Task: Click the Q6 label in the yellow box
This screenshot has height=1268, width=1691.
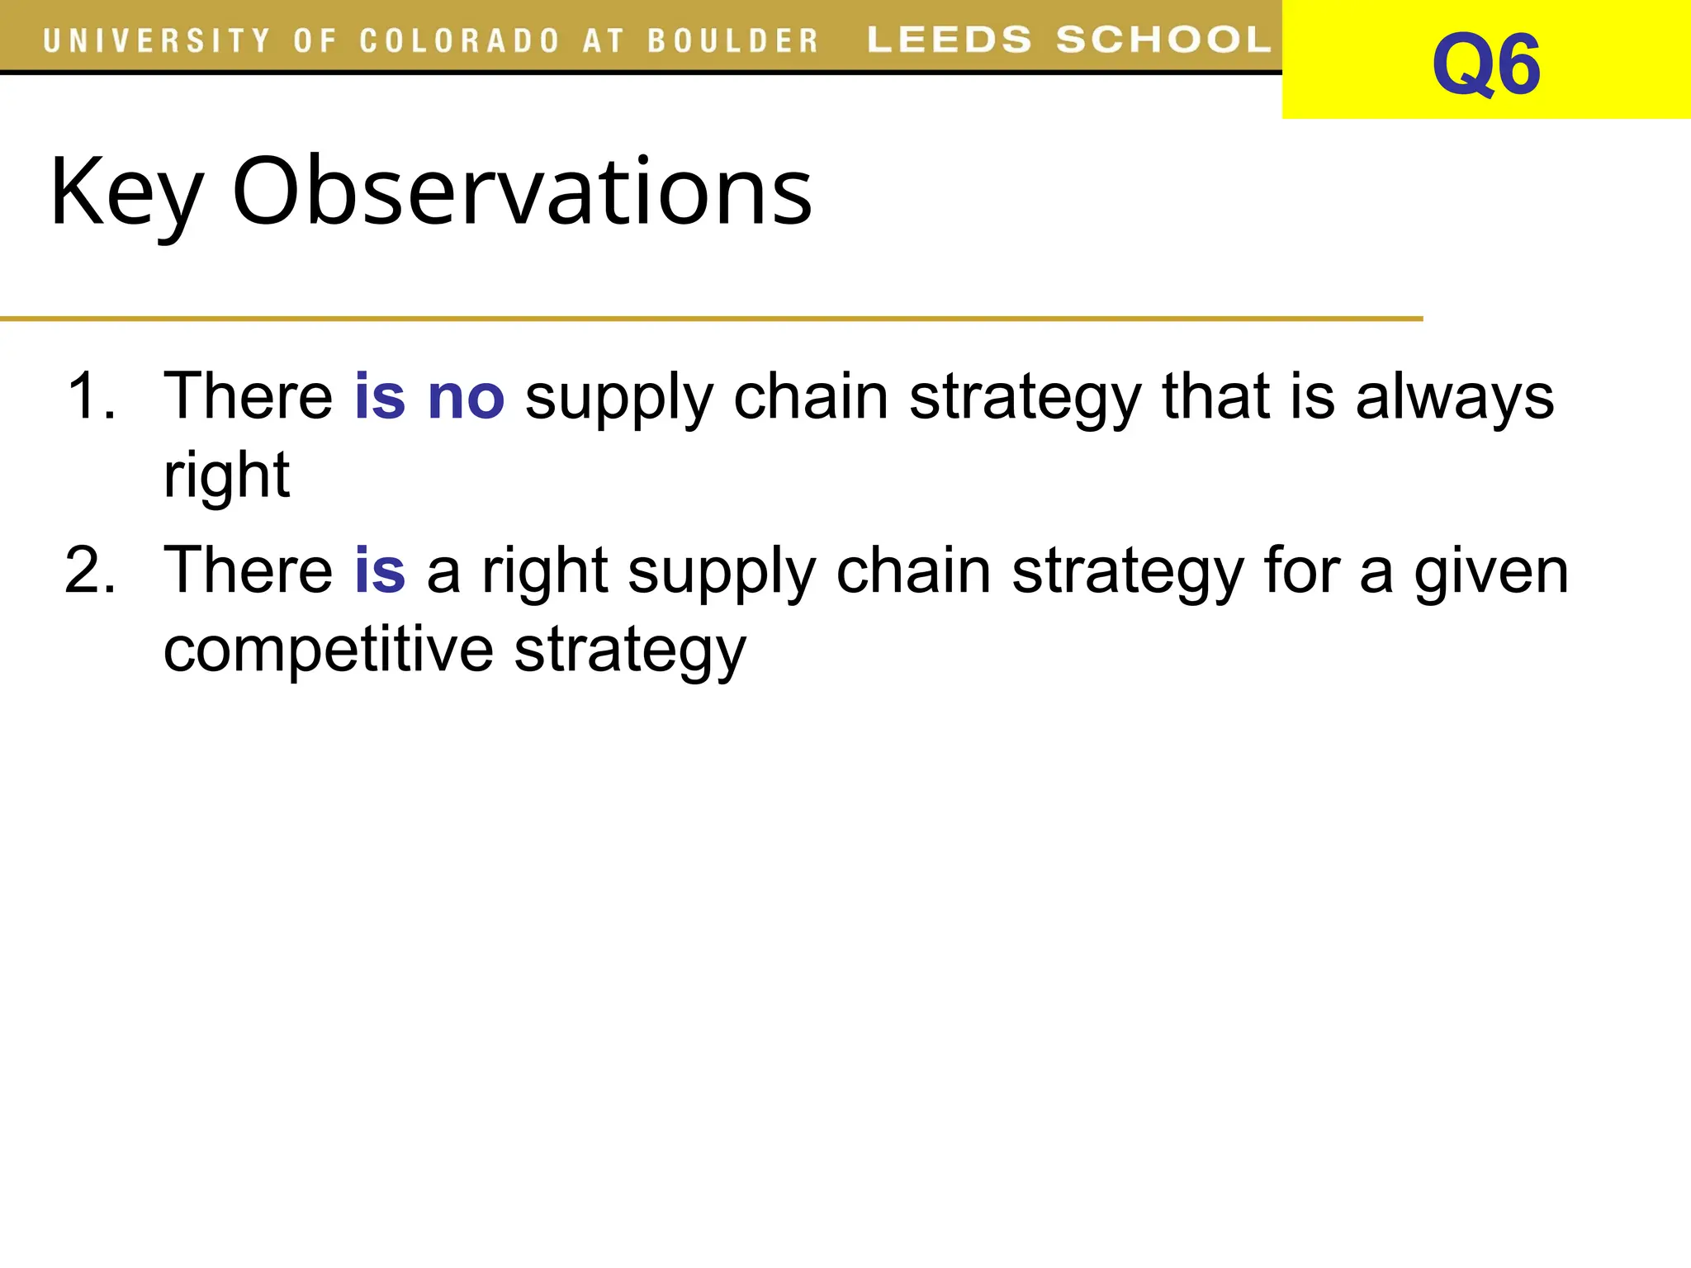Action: coord(1485,64)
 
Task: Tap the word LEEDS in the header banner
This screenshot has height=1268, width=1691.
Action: coord(950,40)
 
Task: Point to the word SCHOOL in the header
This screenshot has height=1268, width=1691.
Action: coord(1163,40)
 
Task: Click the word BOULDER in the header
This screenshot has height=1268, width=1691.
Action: coord(732,40)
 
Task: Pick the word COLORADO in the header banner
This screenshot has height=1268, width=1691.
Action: coord(460,40)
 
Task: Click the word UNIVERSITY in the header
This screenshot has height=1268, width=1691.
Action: coord(157,40)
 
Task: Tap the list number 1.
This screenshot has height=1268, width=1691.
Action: coord(91,396)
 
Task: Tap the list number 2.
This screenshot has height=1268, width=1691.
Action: coord(91,570)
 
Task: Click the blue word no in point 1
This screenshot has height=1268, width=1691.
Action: coord(466,397)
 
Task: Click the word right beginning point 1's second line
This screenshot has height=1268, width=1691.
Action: coord(226,477)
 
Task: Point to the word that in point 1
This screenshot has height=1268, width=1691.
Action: coord(1215,396)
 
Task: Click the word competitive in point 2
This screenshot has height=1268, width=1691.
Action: coord(329,650)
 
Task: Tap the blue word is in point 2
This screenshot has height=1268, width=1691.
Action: coord(380,570)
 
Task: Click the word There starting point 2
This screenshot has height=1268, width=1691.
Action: coord(248,570)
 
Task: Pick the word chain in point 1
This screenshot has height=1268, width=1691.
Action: coord(811,396)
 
